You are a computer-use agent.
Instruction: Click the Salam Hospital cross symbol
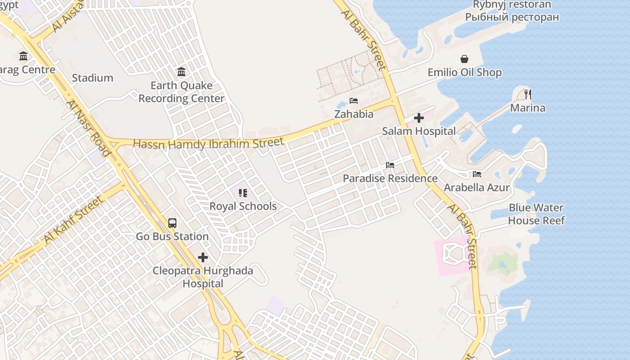pyautogui.click(x=419, y=118)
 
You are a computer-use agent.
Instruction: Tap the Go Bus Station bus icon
pyautogui.click(x=172, y=223)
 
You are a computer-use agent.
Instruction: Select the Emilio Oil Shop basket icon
pyautogui.click(x=464, y=59)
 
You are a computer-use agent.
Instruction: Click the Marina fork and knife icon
pyautogui.click(x=528, y=94)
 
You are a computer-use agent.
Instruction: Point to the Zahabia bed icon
pyautogui.click(x=354, y=101)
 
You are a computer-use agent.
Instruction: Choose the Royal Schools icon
pyautogui.click(x=243, y=193)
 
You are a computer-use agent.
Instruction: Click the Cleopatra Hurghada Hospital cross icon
pyautogui.click(x=203, y=257)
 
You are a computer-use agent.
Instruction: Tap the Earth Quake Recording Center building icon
pyautogui.click(x=181, y=72)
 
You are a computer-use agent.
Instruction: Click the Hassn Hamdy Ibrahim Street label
pyautogui.click(x=209, y=144)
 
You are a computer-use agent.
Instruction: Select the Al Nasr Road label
pyautogui.click(x=89, y=128)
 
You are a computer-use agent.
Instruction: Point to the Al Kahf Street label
pyautogui.click(x=73, y=220)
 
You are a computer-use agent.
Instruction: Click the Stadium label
pyautogui.click(x=93, y=78)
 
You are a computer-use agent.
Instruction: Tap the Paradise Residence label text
pyautogui.click(x=390, y=178)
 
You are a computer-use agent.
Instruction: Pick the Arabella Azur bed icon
pyautogui.click(x=477, y=174)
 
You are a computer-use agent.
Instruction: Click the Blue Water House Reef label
pyautogui.click(x=536, y=214)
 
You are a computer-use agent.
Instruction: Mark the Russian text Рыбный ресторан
pyautogui.click(x=512, y=17)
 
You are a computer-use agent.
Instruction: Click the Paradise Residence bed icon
pyautogui.click(x=390, y=165)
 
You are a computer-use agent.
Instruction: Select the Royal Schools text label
pyautogui.click(x=243, y=206)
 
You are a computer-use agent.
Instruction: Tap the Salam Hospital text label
pyautogui.click(x=419, y=131)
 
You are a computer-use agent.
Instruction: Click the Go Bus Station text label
pyautogui.click(x=172, y=236)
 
